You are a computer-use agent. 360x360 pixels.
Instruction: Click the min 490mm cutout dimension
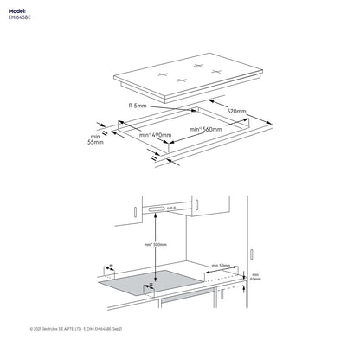(x=155, y=136)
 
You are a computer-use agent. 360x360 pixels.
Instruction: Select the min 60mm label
(x=254, y=277)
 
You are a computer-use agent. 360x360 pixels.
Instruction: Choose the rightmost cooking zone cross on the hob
(x=215, y=70)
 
